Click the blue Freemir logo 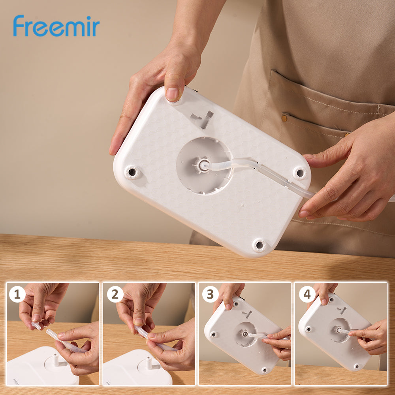pyautogui.click(x=56, y=26)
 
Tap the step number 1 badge pyautogui.click(x=17, y=294)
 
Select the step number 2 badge pyautogui.click(x=115, y=294)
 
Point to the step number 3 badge pyautogui.click(x=211, y=294)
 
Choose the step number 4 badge pyautogui.click(x=307, y=294)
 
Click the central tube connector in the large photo pyautogui.click(x=201, y=165)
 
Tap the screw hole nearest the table pyautogui.click(x=259, y=245)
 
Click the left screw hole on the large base pyautogui.click(x=132, y=172)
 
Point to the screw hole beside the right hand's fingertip pyautogui.click(x=300, y=173)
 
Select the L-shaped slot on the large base pyautogui.click(x=203, y=119)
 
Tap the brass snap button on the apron pyautogui.click(x=284, y=118)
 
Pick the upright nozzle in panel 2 pyautogui.click(x=149, y=363)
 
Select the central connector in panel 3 pyautogui.click(x=244, y=333)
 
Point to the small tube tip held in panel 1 pyautogui.click(x=36, y=326)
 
